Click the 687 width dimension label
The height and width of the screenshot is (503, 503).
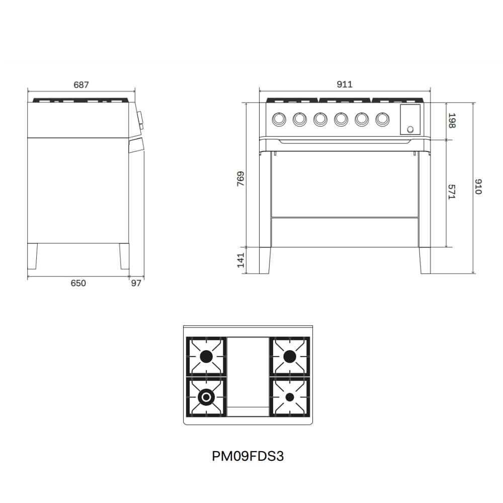pos(81,85)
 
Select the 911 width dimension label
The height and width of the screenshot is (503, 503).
pos(345,85)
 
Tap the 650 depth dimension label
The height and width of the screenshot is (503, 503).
pos(78,283)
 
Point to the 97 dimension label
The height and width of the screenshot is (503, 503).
pos(136,283)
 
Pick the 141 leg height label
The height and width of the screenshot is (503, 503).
pos(240,260)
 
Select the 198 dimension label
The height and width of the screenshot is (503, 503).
pos(451,121)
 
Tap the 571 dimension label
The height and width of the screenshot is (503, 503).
pos(451,192)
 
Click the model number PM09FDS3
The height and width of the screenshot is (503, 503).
pos(248,456)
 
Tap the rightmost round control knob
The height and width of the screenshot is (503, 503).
pos(383,119)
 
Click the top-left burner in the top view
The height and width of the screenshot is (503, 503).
pos(206,357)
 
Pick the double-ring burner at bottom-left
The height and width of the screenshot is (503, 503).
pos(206,397)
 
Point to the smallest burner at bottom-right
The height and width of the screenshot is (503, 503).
pos(289,397)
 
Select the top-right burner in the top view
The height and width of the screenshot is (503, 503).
pos(289,357)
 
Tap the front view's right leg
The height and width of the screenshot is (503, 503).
pos(425,260)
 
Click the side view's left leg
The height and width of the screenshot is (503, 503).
pos(33,256)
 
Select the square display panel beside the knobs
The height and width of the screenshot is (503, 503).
pos(410,120)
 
